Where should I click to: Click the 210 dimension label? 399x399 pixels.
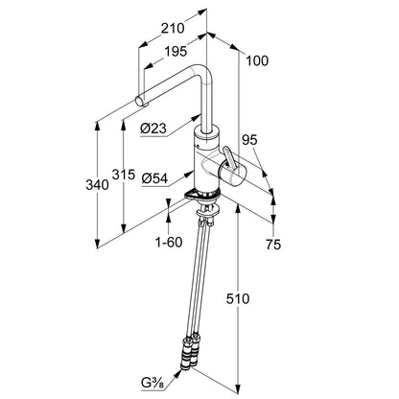pyautogui.click(x=173, y=29)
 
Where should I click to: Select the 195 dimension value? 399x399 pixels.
pyautogui.click(x=176, y=52)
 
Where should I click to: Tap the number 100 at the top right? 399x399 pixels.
pyautogui.click(x=257, y=60)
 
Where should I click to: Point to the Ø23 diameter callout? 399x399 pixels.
pyautogui.click(x=153, y=129)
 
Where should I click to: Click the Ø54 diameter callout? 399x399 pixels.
pyautogui.click(x=154, y=178)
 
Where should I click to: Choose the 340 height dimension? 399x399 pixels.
pyautogui.click(x=97, y=185)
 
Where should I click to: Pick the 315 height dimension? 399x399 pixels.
pyautogui.click(x=124, y=175)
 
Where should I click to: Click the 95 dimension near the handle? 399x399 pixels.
pyautogui.click(x=249, y=140)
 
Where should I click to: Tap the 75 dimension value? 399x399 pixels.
pyautogui.click(x=273, y=245)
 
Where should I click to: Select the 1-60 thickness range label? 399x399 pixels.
pyautogui.click(x=169, y=243)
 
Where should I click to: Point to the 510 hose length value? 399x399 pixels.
pyautogui.click(x=238, y=299)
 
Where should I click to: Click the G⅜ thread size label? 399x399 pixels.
pyautogui.click(x=153, y=382)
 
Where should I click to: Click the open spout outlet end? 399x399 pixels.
pyautogui.click(x=140, y=101)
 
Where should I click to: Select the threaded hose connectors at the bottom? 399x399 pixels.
pyautogui.click(x=190, y=352)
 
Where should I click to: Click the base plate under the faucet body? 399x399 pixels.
pyautogui.click(x=202, y=195)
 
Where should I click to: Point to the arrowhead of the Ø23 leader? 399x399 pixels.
pyautogui.click(x=196, y=117)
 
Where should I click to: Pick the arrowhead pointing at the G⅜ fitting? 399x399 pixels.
pyautogui.click(x=176, y=373)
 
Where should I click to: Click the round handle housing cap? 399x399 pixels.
pyautogui.click(x=232, y=175)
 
